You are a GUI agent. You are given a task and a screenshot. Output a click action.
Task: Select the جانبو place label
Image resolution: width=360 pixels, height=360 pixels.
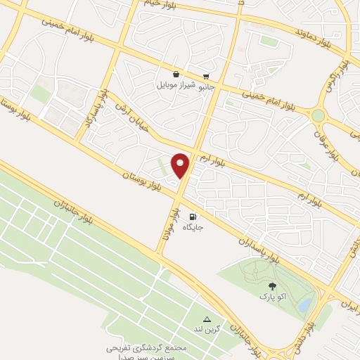[x=206, y=88]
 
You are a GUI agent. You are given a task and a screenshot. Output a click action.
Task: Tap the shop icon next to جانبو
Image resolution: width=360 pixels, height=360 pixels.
[x=205, y=77]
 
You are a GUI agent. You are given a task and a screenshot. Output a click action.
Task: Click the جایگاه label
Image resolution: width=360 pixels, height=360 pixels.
[x=193, y=228]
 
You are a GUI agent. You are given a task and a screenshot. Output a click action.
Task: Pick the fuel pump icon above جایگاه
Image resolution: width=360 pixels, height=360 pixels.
[x=193, y=217]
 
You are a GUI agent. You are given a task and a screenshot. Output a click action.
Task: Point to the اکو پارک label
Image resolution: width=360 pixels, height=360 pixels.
[x=272, y=297]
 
